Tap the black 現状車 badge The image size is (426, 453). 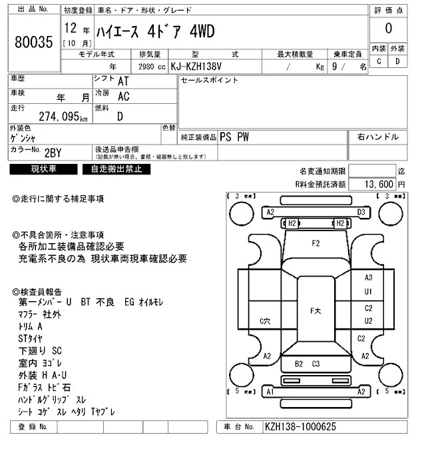coord(44,169)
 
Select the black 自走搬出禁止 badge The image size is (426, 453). coord(116,169)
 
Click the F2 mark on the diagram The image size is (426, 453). coord(316,244)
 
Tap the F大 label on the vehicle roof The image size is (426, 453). coord(316,311)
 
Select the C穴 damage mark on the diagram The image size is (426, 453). coord(264,321)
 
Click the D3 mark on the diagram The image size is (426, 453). coord(361,213)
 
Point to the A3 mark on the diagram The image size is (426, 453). coord(368,278)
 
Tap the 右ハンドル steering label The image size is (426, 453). coord(377,137)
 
